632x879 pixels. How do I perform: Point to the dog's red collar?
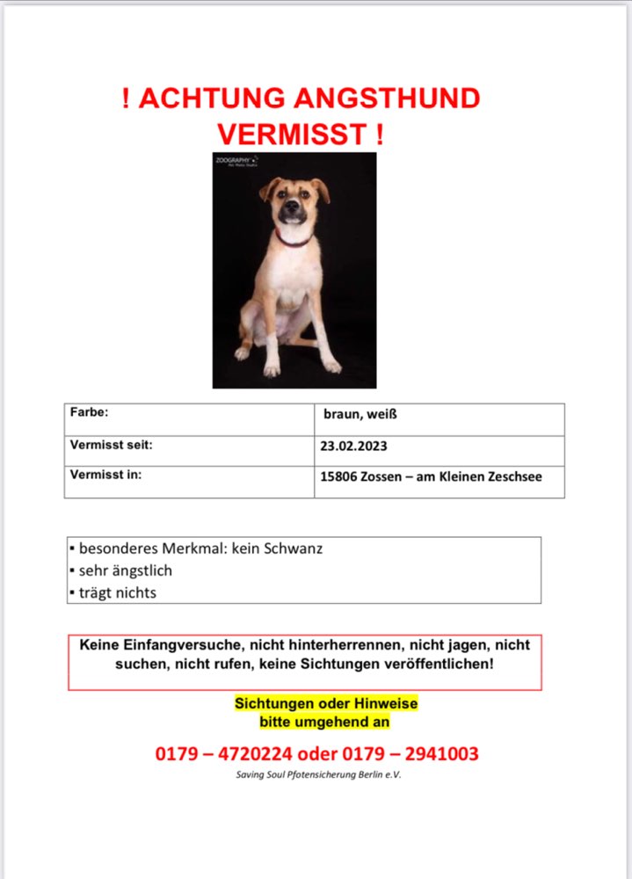pos(294,239)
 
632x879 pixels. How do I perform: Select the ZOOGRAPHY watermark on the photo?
pos(234,161)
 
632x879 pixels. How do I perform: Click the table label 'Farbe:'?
pos(89,411)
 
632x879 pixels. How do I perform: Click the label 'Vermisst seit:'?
pos(111,445)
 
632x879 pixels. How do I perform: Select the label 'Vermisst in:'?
pos(105,475)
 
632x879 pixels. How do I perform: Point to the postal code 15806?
pos(340,477)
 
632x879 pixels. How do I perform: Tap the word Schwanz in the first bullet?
pos(294,548)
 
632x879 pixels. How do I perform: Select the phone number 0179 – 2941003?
pos(418,753)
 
